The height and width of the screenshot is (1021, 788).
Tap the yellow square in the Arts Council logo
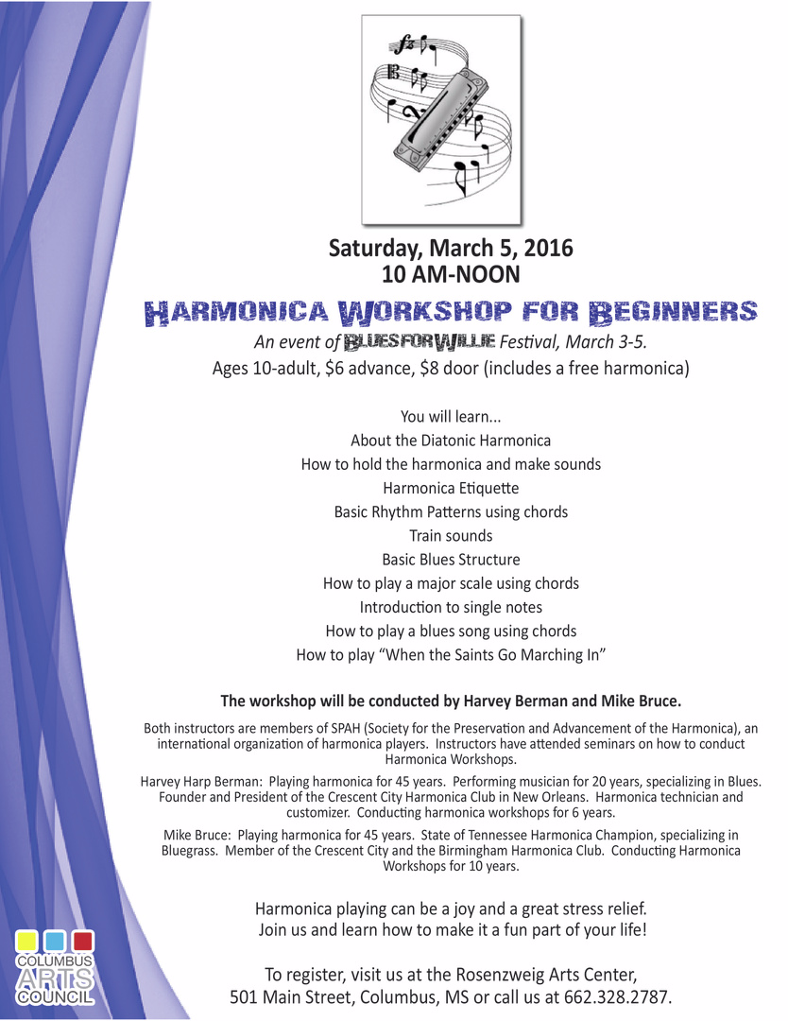27,942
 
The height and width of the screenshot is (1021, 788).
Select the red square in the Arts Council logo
82,942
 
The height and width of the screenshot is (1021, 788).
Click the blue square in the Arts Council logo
55,942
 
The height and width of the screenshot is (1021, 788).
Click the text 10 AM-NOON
451,274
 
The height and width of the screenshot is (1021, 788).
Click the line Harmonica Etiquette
451,488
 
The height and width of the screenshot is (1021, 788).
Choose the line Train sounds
451,535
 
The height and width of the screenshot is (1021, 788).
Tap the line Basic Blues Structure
451,559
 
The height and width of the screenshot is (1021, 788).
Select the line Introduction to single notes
451,606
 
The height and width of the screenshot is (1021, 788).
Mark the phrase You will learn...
437,416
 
